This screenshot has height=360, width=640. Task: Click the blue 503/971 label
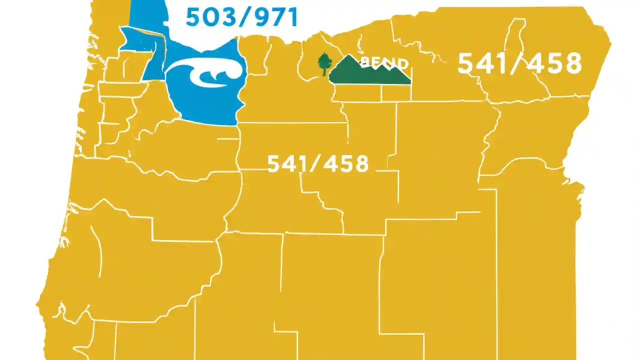[x=241, y=17]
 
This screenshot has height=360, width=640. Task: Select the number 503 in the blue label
[x=206, y=17]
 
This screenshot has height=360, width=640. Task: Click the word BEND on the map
[x=384, y=63]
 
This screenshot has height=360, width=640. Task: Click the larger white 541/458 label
[x=519, y=64]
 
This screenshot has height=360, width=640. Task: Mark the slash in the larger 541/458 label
[x=518, y=64]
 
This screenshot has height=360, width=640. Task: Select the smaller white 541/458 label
[x=318, y=163]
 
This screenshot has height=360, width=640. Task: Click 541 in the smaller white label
[x=286, y=163]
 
